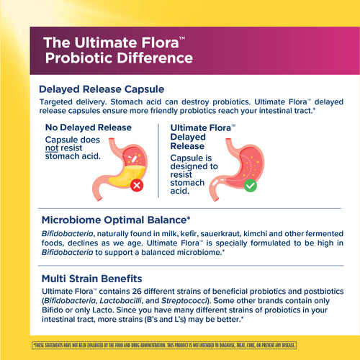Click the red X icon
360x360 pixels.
point(135,185)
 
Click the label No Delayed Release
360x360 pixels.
point(89,127)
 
